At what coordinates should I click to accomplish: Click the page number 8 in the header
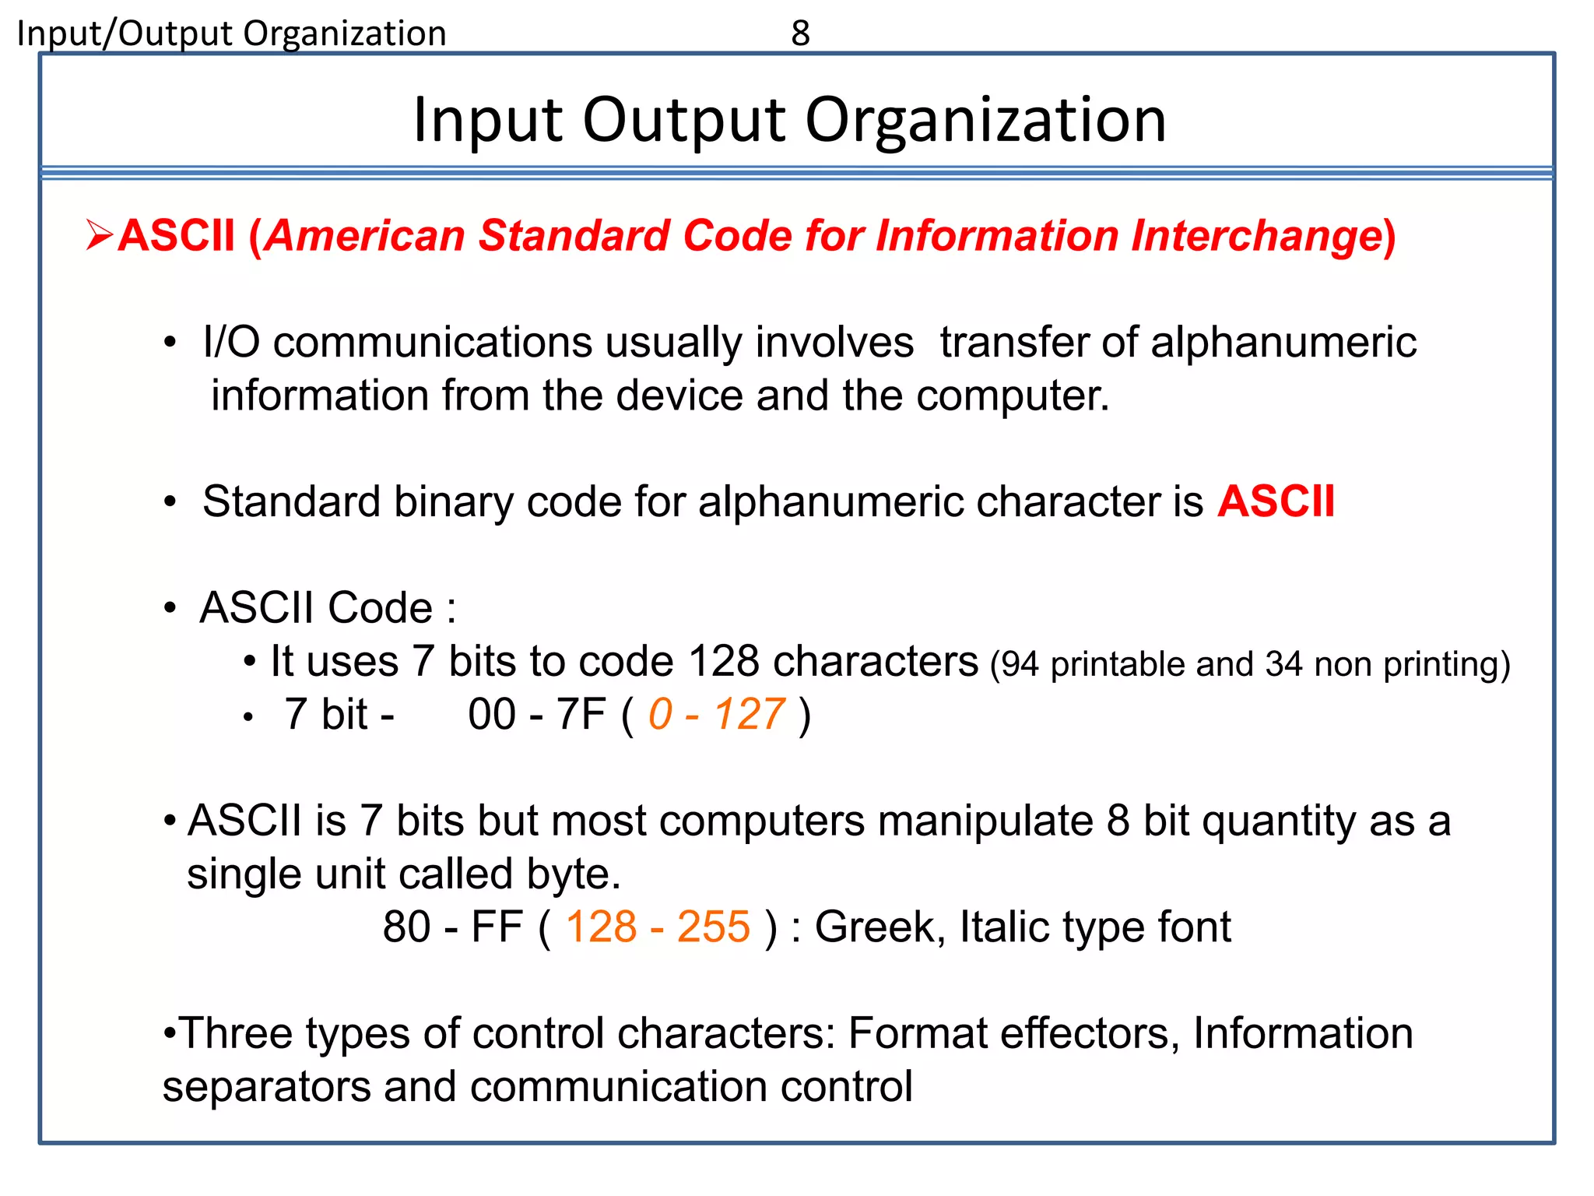tap(800, 33)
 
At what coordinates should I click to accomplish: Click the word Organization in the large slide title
tap(985, 121)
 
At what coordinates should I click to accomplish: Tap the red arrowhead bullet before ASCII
tap(100, 235)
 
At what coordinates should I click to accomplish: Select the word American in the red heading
tap(365, 235)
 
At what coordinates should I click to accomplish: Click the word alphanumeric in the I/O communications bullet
tap(1283, 343)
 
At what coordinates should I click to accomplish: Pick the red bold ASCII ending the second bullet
tap(1276, 501)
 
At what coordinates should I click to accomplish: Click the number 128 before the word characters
tap(724, 662)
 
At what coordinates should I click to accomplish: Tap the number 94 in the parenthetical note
tap(1020, 664)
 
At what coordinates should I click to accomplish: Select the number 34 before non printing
tap(1283, 664)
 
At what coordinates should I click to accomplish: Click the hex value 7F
tap(581, 715)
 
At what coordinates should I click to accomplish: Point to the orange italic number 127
tap(750, 715)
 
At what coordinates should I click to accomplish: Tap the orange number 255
tap(713, 927)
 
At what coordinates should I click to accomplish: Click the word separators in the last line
tap(266, 1087)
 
